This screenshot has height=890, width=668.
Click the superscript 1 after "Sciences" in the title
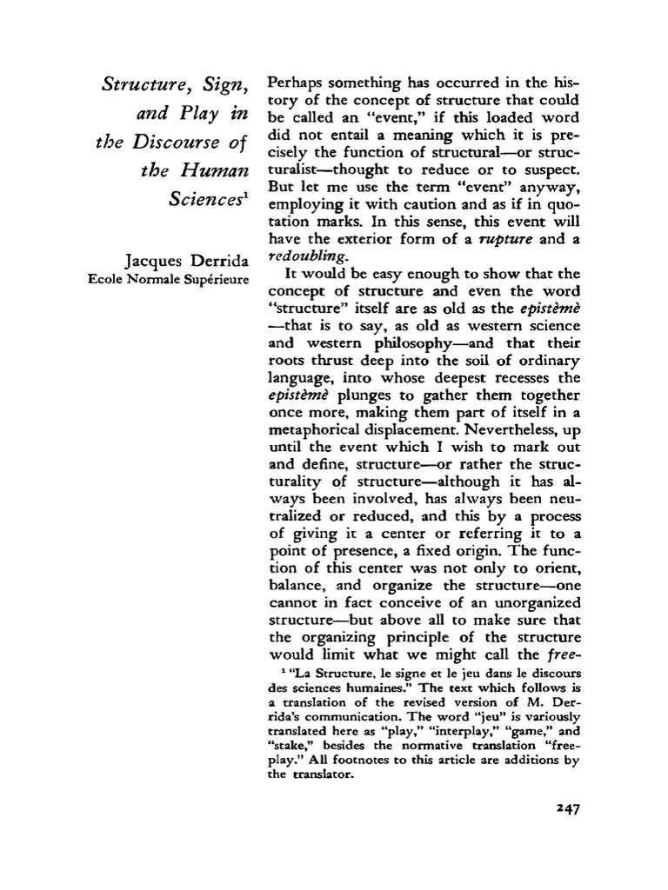[x=248, y=193]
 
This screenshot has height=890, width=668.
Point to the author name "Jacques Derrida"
[x=187, y=261]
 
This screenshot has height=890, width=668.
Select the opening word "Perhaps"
[x=297, y=83]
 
